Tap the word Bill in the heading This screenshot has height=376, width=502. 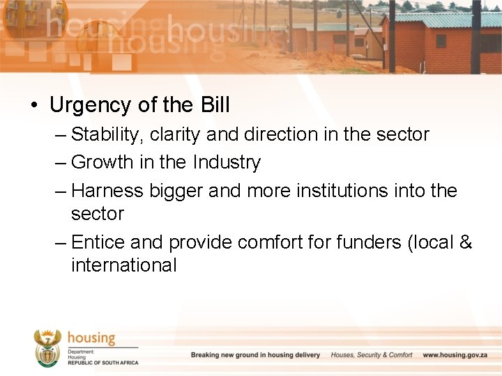[215, 105]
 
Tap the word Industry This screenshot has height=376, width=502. [227, 162]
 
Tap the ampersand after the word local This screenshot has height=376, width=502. [466, 242]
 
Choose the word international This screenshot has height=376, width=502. [123, 265]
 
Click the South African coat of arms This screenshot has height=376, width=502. [47, 347]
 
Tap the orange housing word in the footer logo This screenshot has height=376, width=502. [91, 338]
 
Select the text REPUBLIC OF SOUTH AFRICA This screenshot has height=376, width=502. [103, 363]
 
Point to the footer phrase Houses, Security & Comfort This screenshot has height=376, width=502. [372, 355]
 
